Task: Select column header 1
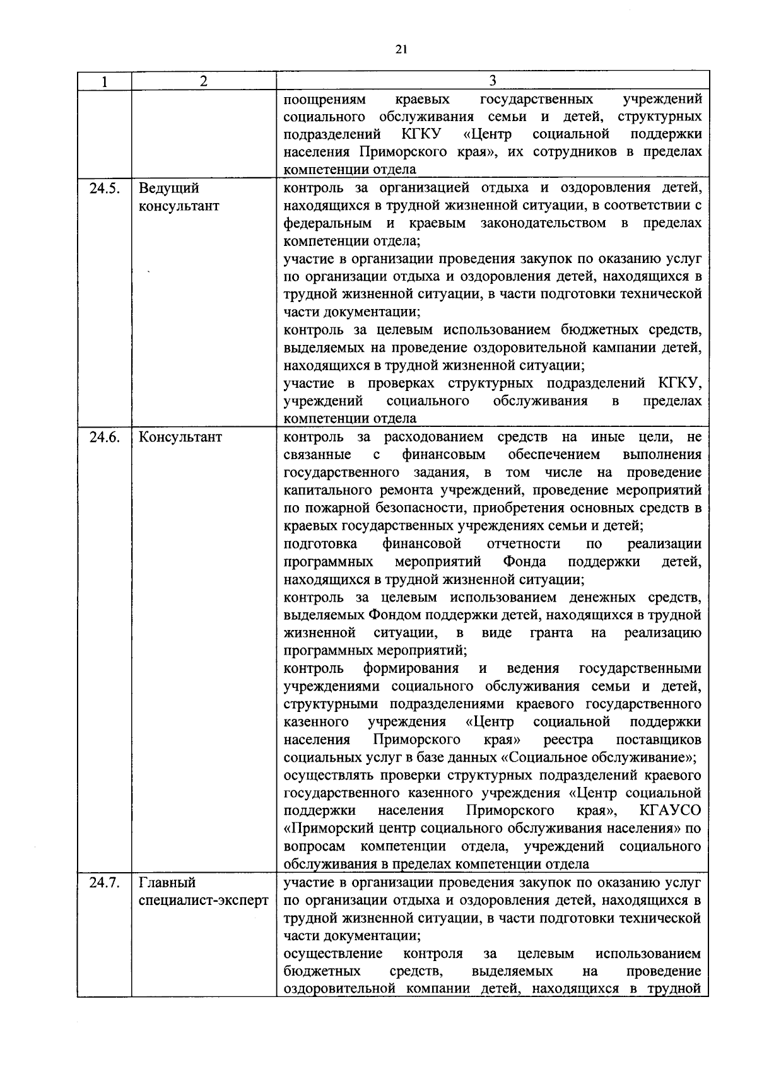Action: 104,81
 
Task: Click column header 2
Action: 203,81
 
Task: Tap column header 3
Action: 492,80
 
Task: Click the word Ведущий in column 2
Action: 168,189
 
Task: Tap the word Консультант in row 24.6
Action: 180,437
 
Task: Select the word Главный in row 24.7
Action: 167,883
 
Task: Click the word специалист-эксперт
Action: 203,901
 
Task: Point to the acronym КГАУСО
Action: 670,810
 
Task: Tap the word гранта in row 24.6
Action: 551,633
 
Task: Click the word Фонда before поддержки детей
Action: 524,561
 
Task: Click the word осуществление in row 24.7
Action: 333,953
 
